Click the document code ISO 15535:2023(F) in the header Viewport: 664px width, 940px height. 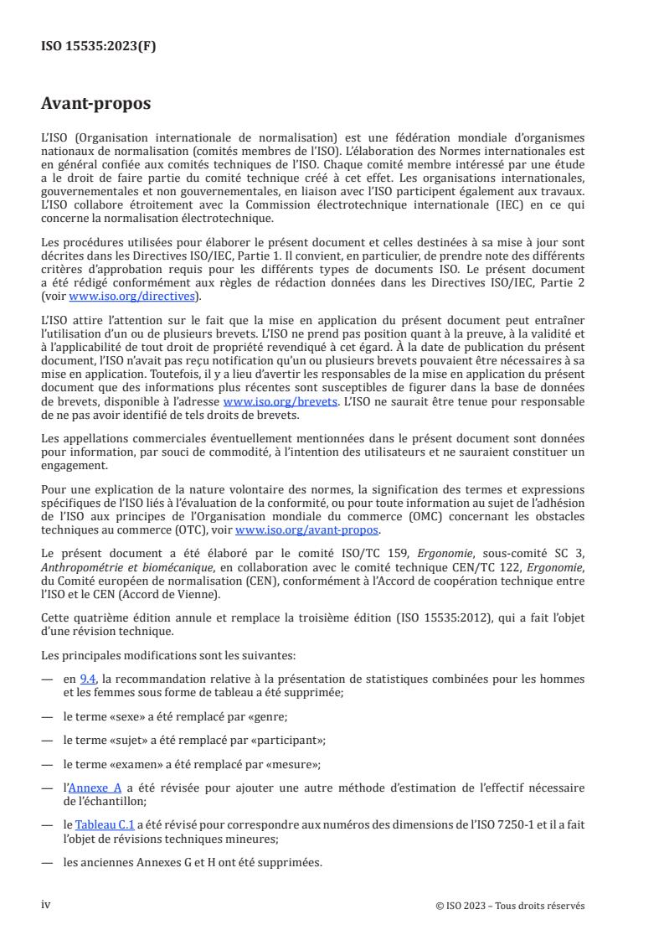(x=99, y=47)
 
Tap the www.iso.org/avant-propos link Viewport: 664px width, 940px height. (x=307, y=530)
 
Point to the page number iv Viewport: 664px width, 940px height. (x=46, y=905)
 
